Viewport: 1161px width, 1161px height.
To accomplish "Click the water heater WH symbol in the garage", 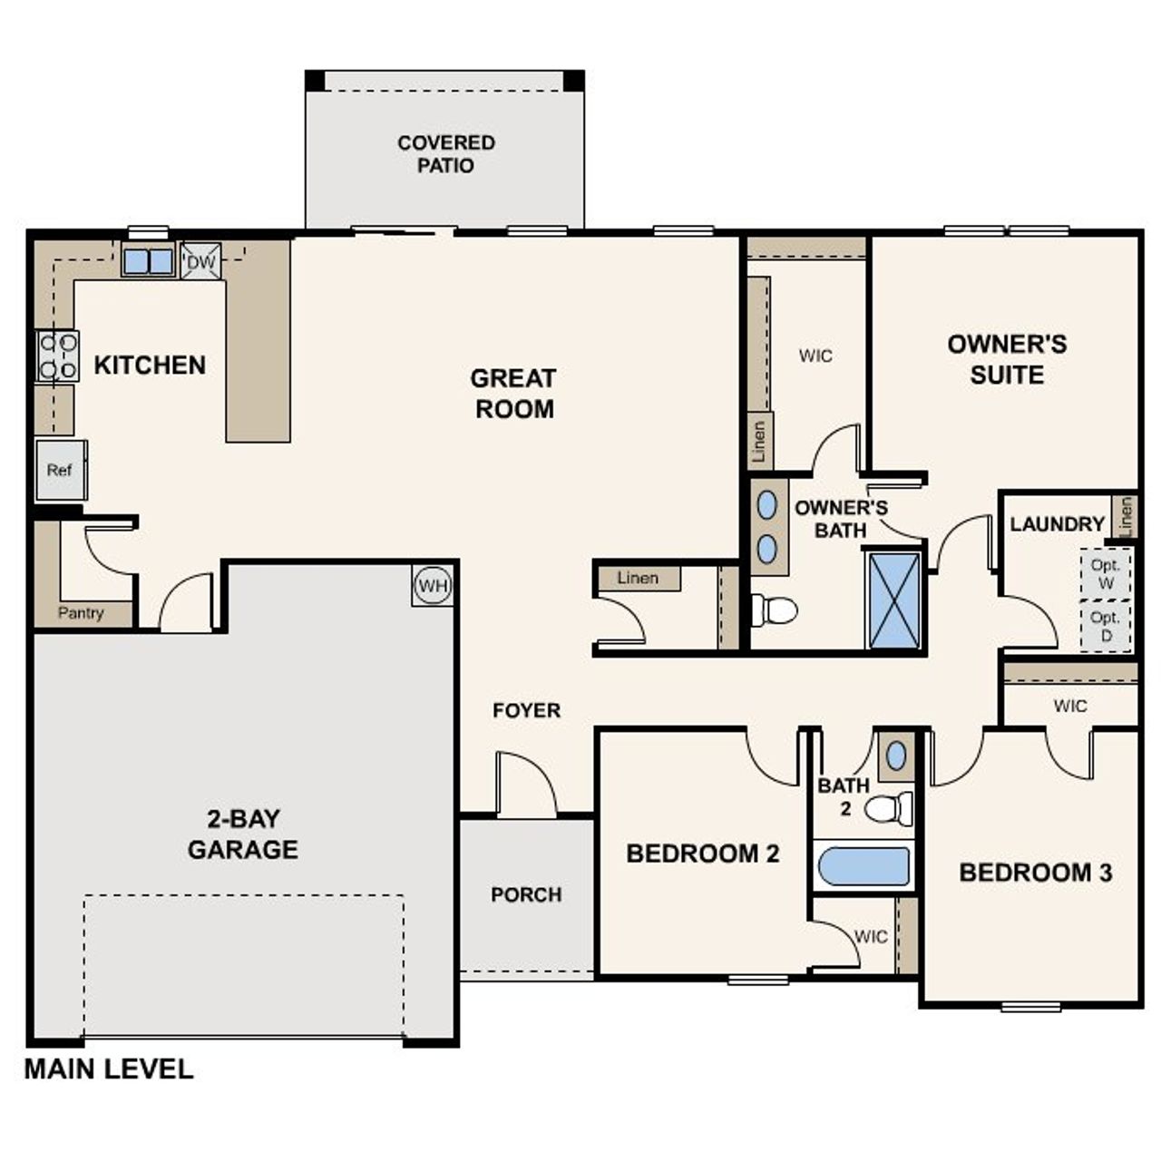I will tap(433, 586).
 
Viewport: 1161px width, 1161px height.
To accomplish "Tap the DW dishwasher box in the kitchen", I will tap(200, 262).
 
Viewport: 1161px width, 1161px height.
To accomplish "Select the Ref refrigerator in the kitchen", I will tap(61, 470).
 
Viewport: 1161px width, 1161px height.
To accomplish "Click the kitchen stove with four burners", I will tap(56, 356).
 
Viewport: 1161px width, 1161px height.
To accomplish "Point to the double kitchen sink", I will tap(147, 261).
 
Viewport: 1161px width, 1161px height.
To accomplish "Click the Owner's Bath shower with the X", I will tap(894, 600).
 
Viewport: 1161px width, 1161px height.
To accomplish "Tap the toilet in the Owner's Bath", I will tap(776, 610).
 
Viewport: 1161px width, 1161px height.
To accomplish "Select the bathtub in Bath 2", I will tap(863, 865).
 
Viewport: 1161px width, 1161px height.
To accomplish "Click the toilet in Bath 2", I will tap(890, 806).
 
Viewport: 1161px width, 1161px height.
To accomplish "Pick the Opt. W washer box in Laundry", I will tap(1105, 573).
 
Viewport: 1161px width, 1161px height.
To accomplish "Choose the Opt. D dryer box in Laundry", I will tap(1105, 626).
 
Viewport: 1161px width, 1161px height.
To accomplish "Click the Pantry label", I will tap(81, 613).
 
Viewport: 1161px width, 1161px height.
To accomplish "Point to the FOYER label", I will tap(526, 710).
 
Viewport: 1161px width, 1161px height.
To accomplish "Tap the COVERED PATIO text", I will tap(445, 154).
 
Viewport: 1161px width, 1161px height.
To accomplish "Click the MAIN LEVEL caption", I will tap(108, 1068).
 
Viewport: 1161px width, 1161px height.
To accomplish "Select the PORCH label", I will tap(526, 894).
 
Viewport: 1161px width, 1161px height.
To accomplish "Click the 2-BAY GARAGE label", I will tap(242, 834).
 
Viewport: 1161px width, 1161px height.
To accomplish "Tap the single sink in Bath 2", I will tap(896, 755).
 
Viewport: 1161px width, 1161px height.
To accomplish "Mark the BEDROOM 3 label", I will tap(1035, 873).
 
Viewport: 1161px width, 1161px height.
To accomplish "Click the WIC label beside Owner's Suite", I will tap(815, 356).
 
